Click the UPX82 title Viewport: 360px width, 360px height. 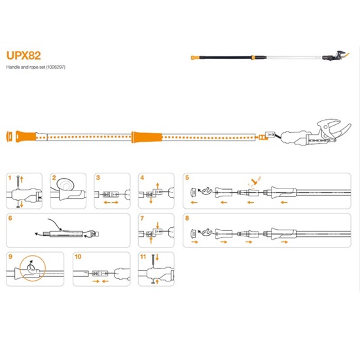point(24,56)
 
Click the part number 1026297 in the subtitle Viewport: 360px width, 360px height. point(56,67)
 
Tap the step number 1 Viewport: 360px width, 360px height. point(10,177)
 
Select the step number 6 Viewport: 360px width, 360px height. point(10,218)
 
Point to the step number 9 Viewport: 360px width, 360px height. point(10,257)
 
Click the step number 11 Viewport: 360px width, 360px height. point(143,257)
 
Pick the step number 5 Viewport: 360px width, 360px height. point(187,177)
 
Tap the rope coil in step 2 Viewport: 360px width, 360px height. point(65,185)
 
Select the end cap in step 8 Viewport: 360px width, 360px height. point(194,234)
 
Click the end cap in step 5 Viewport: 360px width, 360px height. point(194,192)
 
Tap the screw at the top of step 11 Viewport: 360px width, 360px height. point(153,261)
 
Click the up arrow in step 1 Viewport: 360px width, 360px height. point(22,179)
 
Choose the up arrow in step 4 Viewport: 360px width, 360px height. point(158,186)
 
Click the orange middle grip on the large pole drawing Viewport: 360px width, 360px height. point(147,137)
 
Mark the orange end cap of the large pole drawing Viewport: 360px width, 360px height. point(9,137)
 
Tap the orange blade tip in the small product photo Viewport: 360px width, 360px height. point(346,56)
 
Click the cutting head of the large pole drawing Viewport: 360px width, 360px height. point(315,134)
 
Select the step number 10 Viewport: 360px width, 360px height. point(78,257)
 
